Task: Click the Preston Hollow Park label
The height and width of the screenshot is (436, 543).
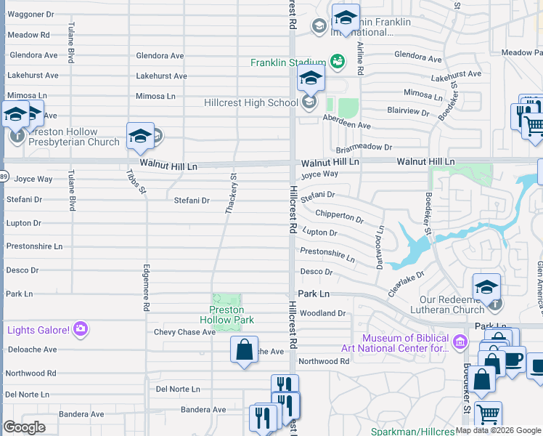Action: click(x=226, y=315)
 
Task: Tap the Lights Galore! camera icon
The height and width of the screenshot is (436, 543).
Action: click(x=81, y=330)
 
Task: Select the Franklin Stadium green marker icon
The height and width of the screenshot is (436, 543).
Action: click(x=337, y=62)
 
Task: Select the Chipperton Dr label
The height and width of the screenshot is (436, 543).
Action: click(x=339, y=216)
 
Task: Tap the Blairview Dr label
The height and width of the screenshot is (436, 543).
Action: click(x=408, y=111)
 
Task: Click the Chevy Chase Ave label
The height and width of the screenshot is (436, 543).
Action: click(x=184, y=332)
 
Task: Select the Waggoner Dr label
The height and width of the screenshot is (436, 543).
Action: click(x=30, y=14)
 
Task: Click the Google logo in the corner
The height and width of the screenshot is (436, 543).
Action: click(x=24, y=427)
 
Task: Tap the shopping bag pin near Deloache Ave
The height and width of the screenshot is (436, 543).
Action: click(x=245, y=349)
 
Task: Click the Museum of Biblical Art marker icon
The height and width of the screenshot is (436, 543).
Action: click(x=459, y=342)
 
